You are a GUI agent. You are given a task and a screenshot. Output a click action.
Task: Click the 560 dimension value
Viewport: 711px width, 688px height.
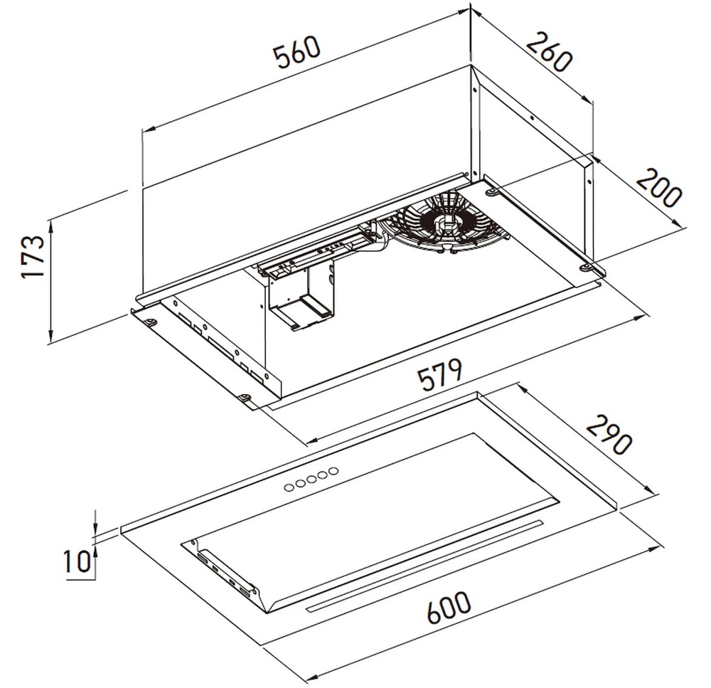[x=299, y=53]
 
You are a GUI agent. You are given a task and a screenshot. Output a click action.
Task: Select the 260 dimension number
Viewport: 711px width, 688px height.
[x=549, y=52]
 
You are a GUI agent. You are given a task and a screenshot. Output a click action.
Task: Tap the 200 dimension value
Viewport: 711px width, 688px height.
[x=659, y=188]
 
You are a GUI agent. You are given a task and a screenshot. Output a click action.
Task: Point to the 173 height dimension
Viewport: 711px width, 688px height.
[x=33, y=256]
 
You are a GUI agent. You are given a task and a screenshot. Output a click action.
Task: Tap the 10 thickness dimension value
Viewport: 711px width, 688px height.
[x=77, y=561]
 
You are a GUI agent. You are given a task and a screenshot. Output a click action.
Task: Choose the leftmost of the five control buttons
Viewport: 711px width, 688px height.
[x=289, y=487]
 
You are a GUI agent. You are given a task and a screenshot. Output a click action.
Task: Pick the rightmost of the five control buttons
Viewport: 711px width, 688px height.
[x=333, y=470]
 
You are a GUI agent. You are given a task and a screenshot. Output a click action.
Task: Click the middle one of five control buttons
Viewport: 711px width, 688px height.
[x=311, y=479]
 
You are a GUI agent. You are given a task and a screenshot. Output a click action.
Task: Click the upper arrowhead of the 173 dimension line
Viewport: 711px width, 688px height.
[x=50, y=223]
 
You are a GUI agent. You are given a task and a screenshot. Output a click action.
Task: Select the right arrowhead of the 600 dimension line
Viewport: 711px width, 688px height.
[x=655, y=549]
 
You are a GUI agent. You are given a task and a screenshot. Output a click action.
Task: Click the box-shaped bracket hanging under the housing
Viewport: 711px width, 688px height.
[x=301, y=297]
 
